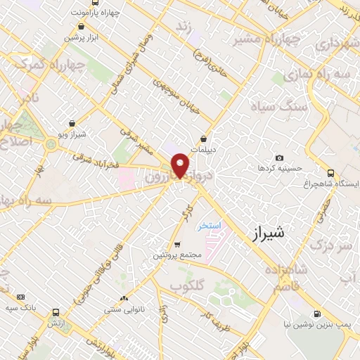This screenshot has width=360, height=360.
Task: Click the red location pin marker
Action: point(181,165)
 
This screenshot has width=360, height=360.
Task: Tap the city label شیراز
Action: point(268,234)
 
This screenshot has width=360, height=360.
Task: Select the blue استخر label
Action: point(209,225)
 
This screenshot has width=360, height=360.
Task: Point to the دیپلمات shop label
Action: point(204,149)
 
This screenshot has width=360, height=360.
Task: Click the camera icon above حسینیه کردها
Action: point(279,158)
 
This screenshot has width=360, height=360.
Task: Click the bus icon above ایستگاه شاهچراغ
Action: point(330,172)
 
